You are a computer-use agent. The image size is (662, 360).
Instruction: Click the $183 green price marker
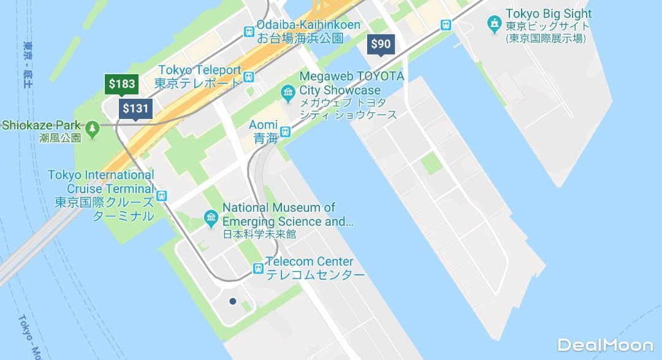tap(122, 84)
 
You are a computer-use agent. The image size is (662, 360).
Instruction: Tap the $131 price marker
tap(135, 109)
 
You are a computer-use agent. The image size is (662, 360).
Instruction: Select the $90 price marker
tap(381, 44)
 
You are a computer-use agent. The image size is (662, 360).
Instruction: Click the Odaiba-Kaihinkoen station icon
tap(249, 31)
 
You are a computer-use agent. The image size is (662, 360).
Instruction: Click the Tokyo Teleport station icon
tap(249, 77)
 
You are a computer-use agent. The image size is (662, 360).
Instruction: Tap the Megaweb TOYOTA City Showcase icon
tap(288, 94)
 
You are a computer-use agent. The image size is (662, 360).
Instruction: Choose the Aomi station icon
tap(285, 131)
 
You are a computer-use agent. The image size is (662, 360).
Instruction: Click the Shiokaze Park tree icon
tap(92, 128)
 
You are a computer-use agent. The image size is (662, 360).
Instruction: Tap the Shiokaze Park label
tap(42, 126)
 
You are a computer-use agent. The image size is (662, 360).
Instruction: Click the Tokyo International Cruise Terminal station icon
tap(162, 196)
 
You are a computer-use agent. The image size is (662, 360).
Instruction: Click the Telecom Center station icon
tap(259, 268)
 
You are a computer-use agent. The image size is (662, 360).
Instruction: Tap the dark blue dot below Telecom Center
tap(233, 301)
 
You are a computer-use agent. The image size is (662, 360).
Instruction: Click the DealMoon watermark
tap(605, 345)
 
